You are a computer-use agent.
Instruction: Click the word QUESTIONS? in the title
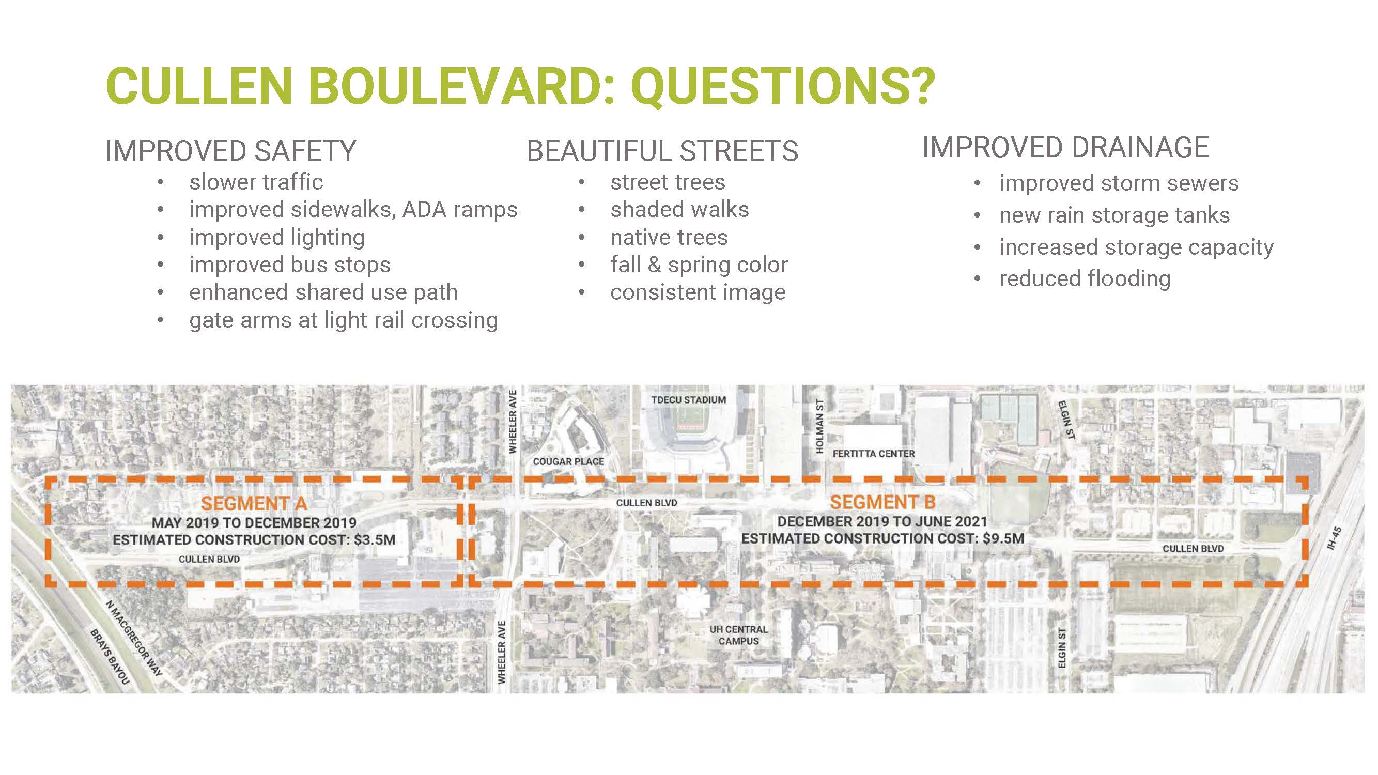pyautogui.click(x=783, y=87)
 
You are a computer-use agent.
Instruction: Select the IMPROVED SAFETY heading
pyautogui.click(x=230, y=150)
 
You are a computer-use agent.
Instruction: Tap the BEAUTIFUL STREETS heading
pyautogui.click(x=662, y=150)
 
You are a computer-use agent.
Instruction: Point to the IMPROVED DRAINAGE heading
pyautogui.click(x=1065, y=147)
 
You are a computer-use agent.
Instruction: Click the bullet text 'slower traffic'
pyautogui.click(x=256, y=182)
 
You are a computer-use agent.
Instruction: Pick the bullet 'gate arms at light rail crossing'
pyautogui.click(x=344, y=320)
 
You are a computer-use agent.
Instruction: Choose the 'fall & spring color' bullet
pyautogui.click(x=699, y=265)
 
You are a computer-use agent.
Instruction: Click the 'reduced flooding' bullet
pyautogui.click(x=1085, y=278)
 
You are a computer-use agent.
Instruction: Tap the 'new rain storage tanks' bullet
pyautogui.click(x=1115, y=215)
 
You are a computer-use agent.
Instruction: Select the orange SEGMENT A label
pyautogui.click(x=254, y=503)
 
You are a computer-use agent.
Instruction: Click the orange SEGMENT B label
pyautogui.click(x=882, y=502)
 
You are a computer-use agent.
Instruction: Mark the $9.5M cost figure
pyautogui.click(x=1003, y=538)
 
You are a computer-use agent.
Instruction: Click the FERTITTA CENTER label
pyautogui.click(x=874, y=454)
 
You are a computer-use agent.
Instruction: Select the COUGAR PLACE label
pyautogui.click(x=568, y=461)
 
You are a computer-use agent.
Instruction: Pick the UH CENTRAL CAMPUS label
pyautogui.click(x=738, y=635)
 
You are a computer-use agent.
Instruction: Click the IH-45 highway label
pyautogui.click(x=1334, y=538)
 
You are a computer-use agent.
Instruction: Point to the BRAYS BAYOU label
pyautogui.click(x=110, y=657)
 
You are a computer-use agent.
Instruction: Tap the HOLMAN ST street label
pyautogui.click(x=819, y=426)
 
